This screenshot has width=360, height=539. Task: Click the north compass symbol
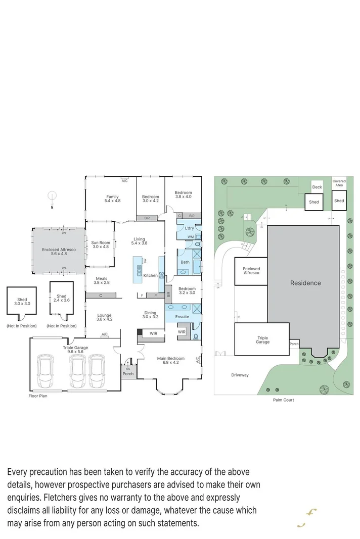[51, 197]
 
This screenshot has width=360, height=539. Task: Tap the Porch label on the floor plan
[128, 374]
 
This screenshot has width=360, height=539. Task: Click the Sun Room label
[100, 242]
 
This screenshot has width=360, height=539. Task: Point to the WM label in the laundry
[190, 236]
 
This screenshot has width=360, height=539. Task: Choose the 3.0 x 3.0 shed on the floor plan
[22, 302]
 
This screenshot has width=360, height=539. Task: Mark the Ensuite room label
[182, 317]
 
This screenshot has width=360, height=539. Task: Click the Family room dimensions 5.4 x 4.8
[112, 201]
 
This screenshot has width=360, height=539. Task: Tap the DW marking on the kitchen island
[145, 261]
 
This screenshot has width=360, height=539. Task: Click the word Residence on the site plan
[305, 283]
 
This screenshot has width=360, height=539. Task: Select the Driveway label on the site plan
[240, 375]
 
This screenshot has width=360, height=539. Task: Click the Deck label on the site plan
[317, 187]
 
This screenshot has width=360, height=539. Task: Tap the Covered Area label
[339, 183]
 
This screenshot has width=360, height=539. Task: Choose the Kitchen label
[150, 275]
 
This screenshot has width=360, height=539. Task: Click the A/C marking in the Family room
[124, 180]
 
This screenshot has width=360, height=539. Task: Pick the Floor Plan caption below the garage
[38, 396]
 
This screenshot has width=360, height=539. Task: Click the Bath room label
[185, 262]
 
